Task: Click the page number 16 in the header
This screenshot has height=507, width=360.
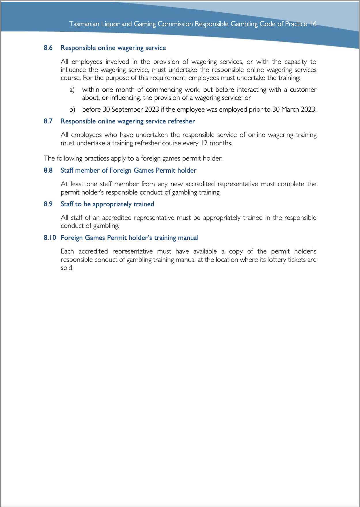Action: click(313, 24)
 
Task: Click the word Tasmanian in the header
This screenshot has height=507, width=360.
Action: click(84, 24)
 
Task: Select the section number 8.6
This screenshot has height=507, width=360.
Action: click(48, 48)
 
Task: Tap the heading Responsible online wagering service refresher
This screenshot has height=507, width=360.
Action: click(128, 121)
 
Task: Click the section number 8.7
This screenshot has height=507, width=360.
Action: click(48, 121)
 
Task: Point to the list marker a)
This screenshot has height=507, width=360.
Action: click(72, 90)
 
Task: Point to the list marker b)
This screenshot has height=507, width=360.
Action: click(72, 110)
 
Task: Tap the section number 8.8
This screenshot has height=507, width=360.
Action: click(48, 170)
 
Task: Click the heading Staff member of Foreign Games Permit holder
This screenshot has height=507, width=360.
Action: click(128, 170)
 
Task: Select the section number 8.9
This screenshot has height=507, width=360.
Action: click(48, 204)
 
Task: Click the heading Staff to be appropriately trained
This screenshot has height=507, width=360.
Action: click(107, 204)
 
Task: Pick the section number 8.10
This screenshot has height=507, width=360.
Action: click(50, 238)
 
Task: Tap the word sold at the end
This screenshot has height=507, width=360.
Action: click(67, 268)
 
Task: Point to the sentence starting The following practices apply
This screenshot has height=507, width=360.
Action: click(133, 158)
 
